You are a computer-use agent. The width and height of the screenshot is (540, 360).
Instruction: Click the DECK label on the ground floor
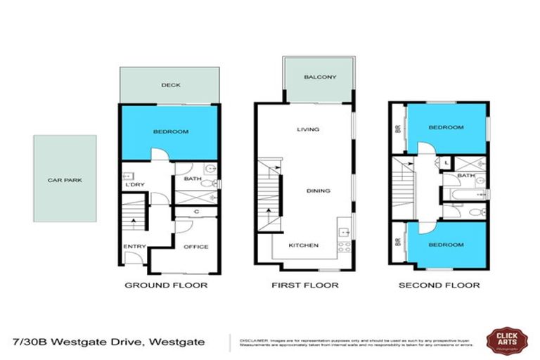point(171,85)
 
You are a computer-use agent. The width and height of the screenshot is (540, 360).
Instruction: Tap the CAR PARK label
point(65,180)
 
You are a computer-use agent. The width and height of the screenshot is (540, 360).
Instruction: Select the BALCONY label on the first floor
point(319,77)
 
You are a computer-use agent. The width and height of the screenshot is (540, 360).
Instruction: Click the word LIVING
point(308,129)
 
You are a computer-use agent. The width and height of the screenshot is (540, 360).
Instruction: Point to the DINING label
point(318,191)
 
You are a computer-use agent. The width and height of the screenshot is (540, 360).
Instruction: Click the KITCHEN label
point(304,246)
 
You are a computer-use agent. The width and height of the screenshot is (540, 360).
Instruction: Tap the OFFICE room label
point(196,247)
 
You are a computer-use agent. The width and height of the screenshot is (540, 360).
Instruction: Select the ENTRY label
point(134,247)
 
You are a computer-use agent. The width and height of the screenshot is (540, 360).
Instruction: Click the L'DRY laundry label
point(134,185)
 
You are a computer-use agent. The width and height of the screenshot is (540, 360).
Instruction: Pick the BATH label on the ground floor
point(192,179)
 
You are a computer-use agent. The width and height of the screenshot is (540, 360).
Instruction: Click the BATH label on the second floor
point(465,176)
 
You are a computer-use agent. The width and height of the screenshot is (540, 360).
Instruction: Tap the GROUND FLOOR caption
point(166,285)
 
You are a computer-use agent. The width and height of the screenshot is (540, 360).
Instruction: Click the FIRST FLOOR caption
point(304,285)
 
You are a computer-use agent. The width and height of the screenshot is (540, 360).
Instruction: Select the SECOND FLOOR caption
point(439,285)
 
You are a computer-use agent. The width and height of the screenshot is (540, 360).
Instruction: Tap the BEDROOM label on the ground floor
point(170,131)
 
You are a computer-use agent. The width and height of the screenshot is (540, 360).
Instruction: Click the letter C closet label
point(196,211)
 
